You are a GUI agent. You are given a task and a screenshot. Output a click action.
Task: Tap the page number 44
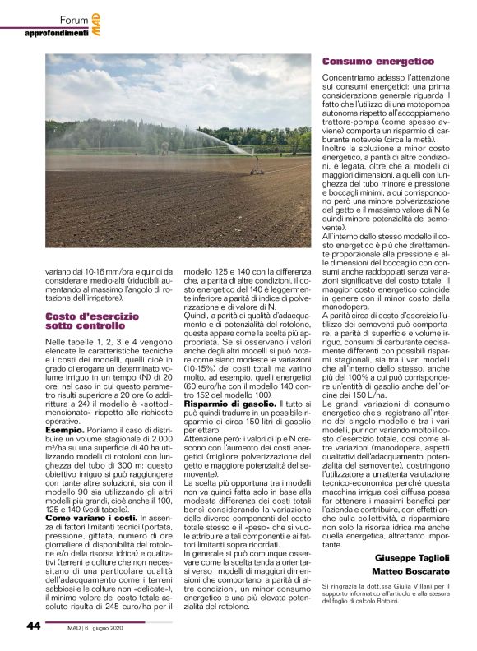point(34,626)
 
